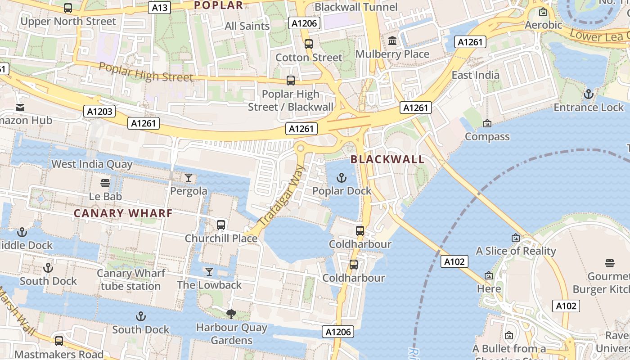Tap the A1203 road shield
coord(99,111)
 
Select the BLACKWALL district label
coord(387,159)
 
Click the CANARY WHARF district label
coord(123,213)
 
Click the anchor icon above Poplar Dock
coord(342,178)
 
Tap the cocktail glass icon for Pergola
coord(189,178)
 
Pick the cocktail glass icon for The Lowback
coord(209,271)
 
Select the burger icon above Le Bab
coord(105,183)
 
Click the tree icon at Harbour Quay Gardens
coord(231,314)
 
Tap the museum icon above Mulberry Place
coord(392,41)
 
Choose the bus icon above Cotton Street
coord(308,44)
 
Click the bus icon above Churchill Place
coord(221,225)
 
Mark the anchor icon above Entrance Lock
coord(588,94)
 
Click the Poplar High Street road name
coord(146,72)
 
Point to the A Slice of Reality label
coord(516,251)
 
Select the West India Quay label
coord(92,164)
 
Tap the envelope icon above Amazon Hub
coord(20,108)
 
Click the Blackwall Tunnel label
coord(356,7)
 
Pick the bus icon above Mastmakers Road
coord(59,341)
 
